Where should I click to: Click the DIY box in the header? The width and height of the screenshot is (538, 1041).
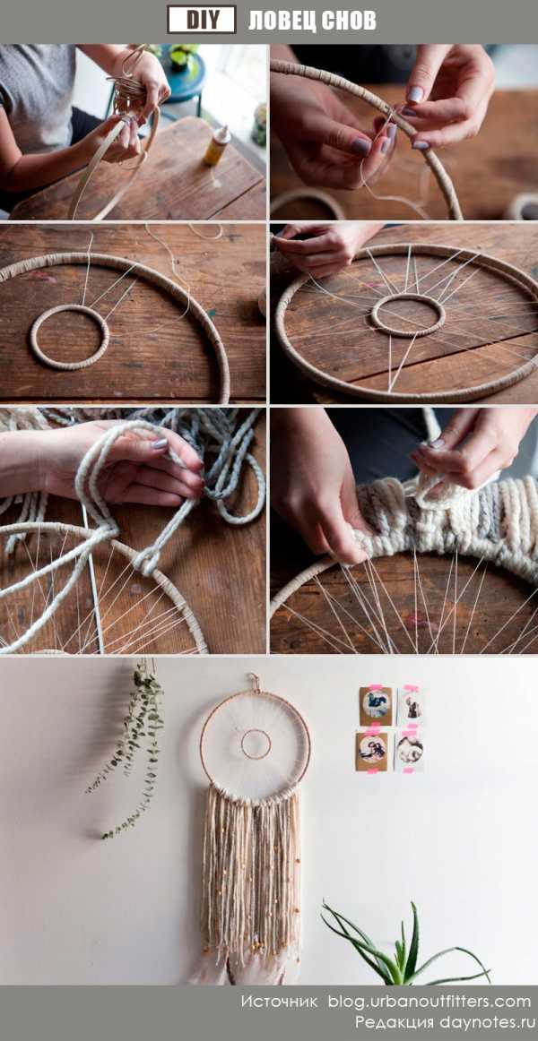coord(202,19)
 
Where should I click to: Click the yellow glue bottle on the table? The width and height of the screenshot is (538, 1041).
coord(216,145)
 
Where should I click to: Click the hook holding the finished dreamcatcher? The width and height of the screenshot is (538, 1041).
coord(254,682)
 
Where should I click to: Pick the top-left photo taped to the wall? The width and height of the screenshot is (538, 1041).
coord(377,705)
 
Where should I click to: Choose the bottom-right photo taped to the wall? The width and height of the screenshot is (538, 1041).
coord(410,750)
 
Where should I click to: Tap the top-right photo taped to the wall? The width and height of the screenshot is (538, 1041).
coord(412,706)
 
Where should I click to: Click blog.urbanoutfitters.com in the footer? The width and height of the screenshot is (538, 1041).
coord(430,1002)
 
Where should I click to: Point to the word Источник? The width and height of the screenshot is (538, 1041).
coord(279,1002)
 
